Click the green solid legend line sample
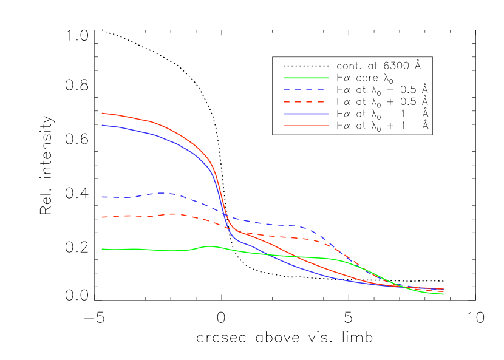(x=306, y=78)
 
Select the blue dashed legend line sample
(x=306, y=90)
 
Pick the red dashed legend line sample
(x=306, y=102)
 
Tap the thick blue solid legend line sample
(x=306, y=114)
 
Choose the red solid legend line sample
(x=306, y=126)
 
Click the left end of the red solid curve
(x=102, y=113)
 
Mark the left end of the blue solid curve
(x=102, y=125)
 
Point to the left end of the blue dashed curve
(x=102, y=197)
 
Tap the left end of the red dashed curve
(x=102, y=217)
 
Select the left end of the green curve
(x=102, y=249)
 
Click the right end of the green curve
(x=443, y=294)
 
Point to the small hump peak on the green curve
(x=210, y=246)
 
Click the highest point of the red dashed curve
(x=174, y=214)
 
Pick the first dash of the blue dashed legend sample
(x=287, y=90)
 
